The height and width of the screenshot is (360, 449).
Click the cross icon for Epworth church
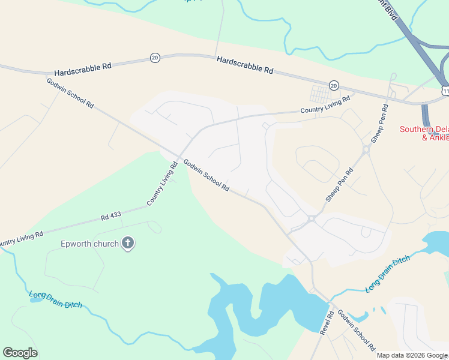point(127,244)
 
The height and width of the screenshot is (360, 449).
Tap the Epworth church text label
point(90,244)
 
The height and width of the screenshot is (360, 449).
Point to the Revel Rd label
point(326,323)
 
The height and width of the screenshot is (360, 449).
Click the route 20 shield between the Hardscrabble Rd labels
point(155,57)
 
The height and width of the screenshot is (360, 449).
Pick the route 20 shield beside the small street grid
point(334,85)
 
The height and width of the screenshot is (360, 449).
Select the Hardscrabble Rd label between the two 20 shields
point(245,64)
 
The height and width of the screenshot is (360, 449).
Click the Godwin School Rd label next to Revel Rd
point(355,330)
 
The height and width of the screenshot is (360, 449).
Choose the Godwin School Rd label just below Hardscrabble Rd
point(70,92)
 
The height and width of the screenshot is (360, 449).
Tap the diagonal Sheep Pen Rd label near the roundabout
point(339,184)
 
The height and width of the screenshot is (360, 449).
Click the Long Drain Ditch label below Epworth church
point(56,299)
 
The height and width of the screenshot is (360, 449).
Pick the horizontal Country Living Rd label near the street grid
point(325,106)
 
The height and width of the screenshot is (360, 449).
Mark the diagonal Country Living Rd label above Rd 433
point(162,184)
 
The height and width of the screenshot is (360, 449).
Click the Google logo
point(20,353)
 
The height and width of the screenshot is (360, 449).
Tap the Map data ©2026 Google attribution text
point(412,355)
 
